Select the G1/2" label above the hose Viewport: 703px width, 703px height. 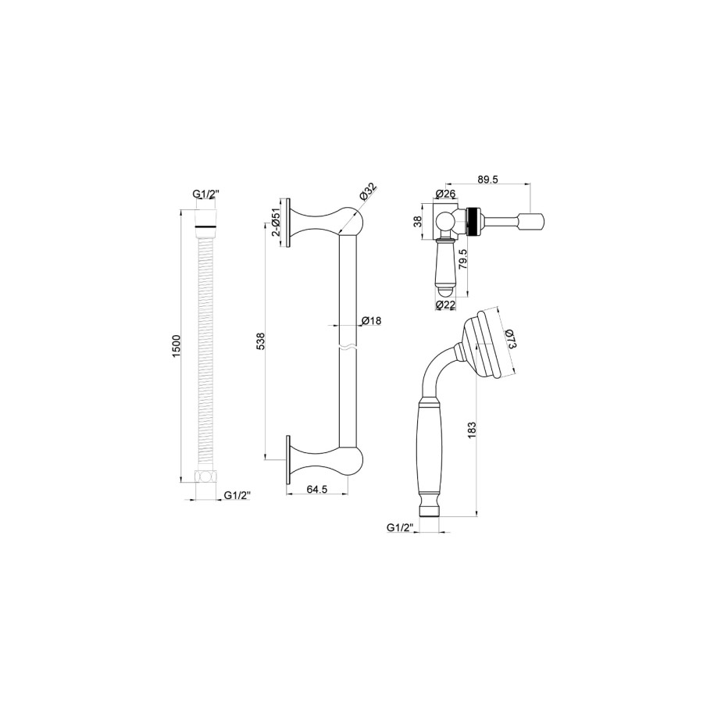(205, 194)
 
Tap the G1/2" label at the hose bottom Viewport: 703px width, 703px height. (238, 495)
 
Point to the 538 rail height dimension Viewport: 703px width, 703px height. (261, 341)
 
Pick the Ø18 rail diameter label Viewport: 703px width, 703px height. (371, 321)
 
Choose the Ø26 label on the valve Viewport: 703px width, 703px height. (445, 194)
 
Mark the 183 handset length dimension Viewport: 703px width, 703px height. (471, 429)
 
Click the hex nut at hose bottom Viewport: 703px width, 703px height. (205, 477)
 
